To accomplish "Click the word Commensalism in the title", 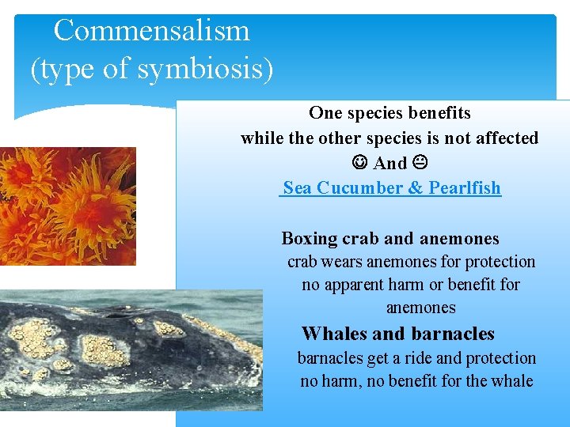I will coord(151,31).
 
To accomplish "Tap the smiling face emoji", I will coord(360,163).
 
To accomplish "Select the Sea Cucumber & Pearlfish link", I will coord(391,188).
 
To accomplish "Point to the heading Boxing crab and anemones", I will coord(390,239).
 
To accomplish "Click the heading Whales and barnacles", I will coord(397,334).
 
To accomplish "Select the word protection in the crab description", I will coord(500,262).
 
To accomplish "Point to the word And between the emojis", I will coord(389,164).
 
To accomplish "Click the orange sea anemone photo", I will coord(67,206).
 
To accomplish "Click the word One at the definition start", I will coord(325,113).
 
